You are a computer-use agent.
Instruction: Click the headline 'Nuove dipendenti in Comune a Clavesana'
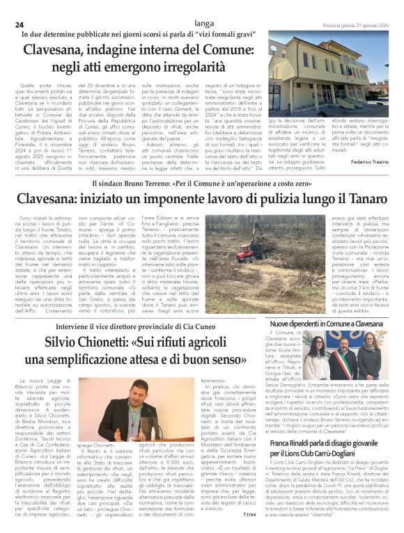326,324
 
